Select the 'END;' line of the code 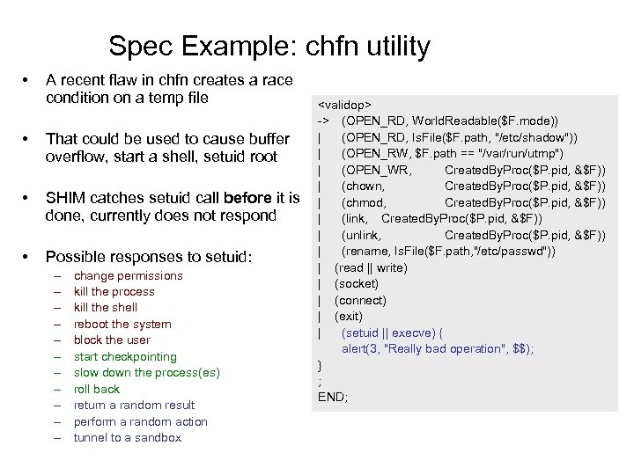333,397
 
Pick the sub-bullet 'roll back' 97,389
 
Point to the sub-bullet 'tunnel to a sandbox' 127,437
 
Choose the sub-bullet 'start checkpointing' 125,356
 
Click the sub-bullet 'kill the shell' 106,308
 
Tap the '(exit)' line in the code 350,316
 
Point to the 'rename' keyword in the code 368,252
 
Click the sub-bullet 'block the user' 112,340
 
